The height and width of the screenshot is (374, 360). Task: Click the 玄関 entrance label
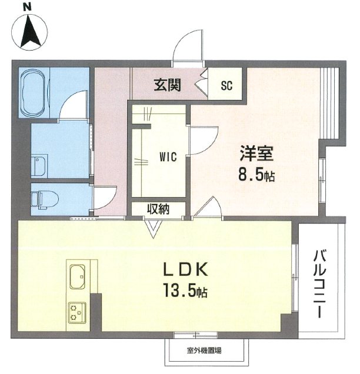coord(167,85)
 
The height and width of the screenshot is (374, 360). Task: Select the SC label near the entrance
coord(226,85)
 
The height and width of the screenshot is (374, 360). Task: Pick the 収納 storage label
coord(158,209)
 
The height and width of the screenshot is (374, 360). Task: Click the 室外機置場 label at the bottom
coord(204,351)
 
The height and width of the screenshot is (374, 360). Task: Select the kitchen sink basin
coord(78,275)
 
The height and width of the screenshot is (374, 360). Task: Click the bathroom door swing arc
coord(74,106)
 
